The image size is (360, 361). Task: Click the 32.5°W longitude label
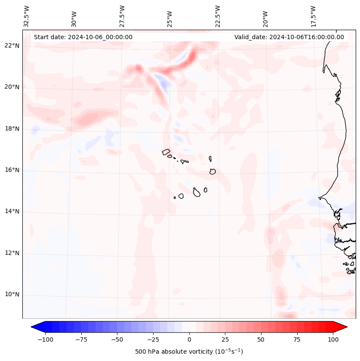click(x=27, y=16)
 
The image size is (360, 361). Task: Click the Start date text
click(x=83, y=37)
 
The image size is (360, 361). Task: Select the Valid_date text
click(x=289, y=37)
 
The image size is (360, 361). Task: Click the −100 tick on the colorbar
click(x=45, y=339)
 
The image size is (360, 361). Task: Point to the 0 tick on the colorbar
click(x=189, y=339)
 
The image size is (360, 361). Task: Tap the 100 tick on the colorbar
click(x=332, y=339)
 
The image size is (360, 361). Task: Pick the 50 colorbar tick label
click(x=261, y=339)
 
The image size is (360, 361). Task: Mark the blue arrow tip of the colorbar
click(x=34, y=327)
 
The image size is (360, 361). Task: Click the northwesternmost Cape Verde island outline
click(x=166, y=151)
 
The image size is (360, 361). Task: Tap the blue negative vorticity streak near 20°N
click(x=162, y=83)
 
